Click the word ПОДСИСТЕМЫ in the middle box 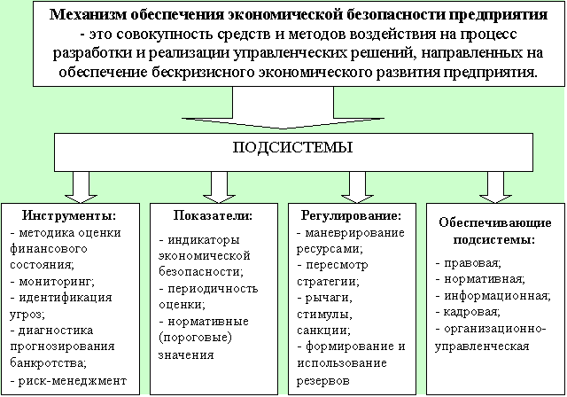292,147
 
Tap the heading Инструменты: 69,215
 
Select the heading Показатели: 213,215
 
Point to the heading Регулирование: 352,216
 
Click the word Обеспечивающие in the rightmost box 495,222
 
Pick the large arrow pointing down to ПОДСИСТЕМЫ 283,108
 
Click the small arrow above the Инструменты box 81,187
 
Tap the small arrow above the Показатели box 219,187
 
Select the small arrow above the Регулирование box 357,187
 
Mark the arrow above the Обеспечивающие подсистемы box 495,187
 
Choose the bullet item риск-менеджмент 69,381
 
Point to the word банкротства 48,362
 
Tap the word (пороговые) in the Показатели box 195,338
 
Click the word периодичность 213,289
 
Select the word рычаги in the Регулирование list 329,299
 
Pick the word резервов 323,381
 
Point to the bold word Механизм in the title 88,15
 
